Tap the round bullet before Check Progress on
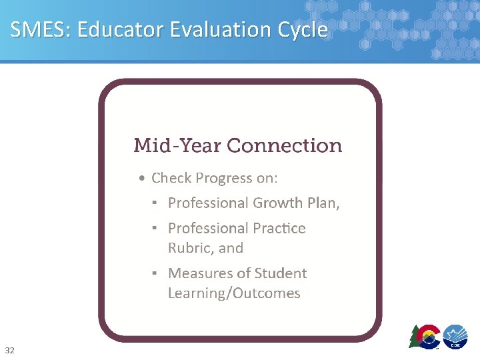pyautogui.click(x=141, y=179)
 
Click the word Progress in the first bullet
pyautogui.click(x=227, y=179)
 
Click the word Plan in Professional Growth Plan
pyautogui.click(x=323, y=203)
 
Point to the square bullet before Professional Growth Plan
pyautogui.click(x=154, y=202)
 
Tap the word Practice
pyautogui.click(x=279, y=228)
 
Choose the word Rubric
pyautogui.click(x=190, y=248)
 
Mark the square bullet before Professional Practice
pyautogui.click(x=154, y=227)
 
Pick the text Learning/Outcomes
pyautogui.click(x=234, y=293)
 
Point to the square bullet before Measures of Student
pyautogui.click(x=154, y=273)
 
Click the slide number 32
pyautogui.click(x=9, y=350)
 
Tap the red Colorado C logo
pyautogui.click(x=427, y=335)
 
